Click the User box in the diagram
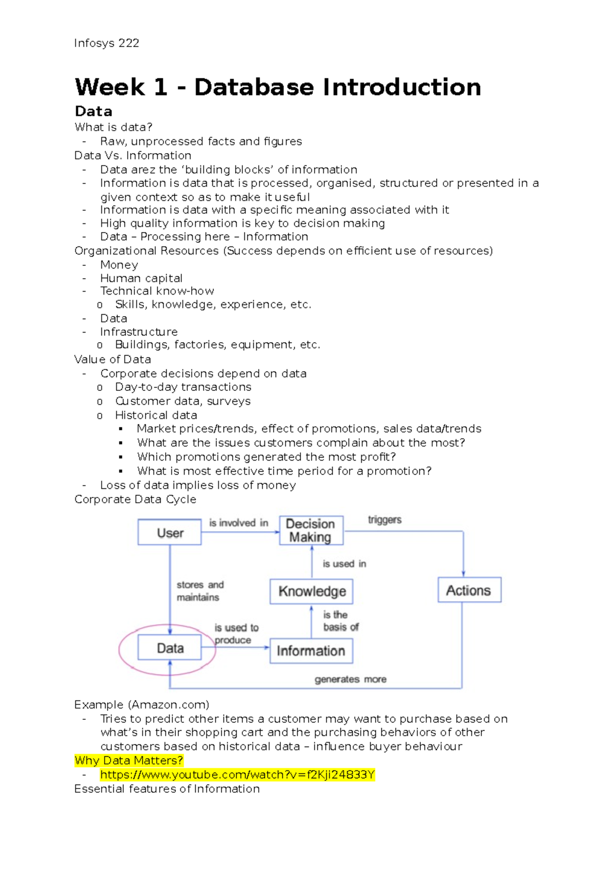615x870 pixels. pyautogui.click(x=170, y=533)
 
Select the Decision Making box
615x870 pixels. pyautogui.click(x=311, y=530)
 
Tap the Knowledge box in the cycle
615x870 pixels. pyautogui.click(x=312, y=591)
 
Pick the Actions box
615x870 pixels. pyautogui.click(x=469, y=590)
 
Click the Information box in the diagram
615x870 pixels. pyautogui.click(x=311, y=651)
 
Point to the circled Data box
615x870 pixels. pyautogui.click(x=170, y=648)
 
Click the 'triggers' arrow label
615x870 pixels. pyautogui.click(x=384, y=520)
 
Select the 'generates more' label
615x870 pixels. pyautogui.click(x=351, y=679)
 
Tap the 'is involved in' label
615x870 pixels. pyautogui.click(x=238, y=523)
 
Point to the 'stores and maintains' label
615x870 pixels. pyautogui.click(x=200, y=591)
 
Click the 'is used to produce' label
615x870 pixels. pyautogui.click(x=236, y=634)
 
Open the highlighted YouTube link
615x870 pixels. pyautogui.click(x=237, y=775)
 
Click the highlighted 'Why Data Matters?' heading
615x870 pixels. pyautogui.click(x=129, y=760)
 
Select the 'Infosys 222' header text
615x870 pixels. pyautogui.click(x=107, y=43)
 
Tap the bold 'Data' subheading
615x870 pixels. pyautogui.click(x=93, y=111)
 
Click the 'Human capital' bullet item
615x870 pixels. pyautogui.click(x=141, y=278)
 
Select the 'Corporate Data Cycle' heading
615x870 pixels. pyautogui.click(x=135, y=499)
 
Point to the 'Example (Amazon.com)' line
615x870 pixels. pyautogui.click(x=141, y=705)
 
